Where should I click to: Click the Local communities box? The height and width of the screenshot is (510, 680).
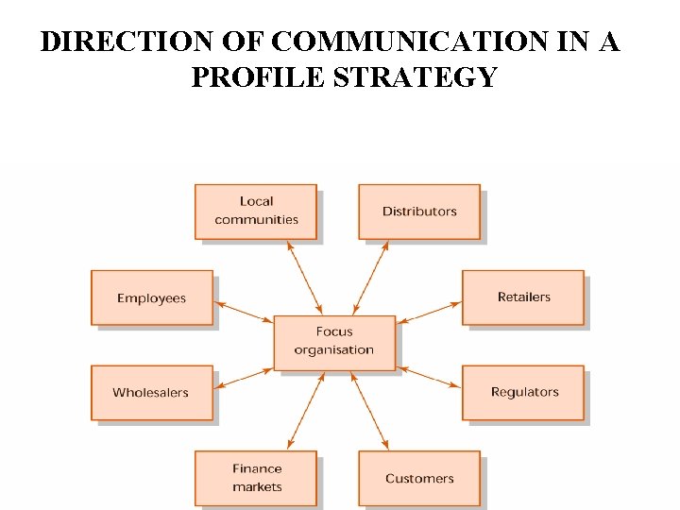click(x=256, y=211)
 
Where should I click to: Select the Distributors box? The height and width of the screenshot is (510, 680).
click(x=419, y=212)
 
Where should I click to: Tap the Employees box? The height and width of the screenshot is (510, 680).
click(x=151, y=298)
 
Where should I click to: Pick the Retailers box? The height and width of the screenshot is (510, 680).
click(x=523, y=297)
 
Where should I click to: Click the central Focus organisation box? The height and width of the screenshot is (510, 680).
click(x=334, y=342)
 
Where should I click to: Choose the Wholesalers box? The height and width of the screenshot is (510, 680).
click(x=151, y=393)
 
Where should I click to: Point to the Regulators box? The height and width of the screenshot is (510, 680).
click(x=523, y=392)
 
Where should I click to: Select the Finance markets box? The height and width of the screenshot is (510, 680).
click(x=256, y=478)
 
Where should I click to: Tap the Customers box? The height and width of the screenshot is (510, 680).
click(x=419, y=478)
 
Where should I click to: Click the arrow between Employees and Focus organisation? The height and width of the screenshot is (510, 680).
click(x=244, y=313)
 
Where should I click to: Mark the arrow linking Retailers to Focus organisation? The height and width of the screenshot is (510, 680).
click(x=429, y=313)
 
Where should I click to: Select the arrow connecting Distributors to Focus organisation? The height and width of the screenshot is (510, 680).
click(x=370, y=278)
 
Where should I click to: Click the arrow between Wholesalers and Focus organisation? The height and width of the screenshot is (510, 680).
click(x=244, y=377)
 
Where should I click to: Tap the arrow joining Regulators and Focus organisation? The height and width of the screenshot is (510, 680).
click(x=429, y=377)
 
